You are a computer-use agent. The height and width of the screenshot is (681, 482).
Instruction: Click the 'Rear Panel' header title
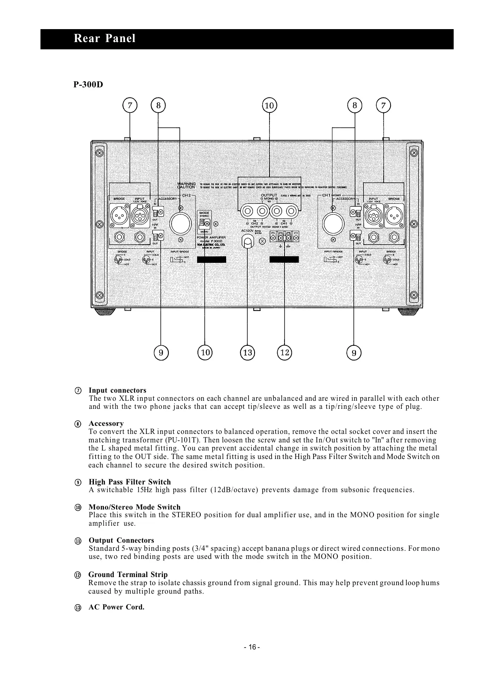point(104,39)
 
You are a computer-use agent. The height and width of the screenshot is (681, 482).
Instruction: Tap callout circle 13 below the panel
point(247,353)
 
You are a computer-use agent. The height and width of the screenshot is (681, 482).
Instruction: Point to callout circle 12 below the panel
point(285,353)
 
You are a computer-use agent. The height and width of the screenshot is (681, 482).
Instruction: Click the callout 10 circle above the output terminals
point(269,106)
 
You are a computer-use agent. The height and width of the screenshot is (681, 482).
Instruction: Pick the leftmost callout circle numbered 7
point(130,106)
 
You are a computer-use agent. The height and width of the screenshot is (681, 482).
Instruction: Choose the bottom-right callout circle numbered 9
point(354,353)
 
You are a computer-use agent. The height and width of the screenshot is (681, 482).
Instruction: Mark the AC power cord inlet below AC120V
point(247,241)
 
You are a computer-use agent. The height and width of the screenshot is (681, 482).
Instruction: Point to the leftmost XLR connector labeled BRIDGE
point(119,217)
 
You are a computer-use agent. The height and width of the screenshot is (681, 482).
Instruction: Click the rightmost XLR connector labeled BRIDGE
point(394,217)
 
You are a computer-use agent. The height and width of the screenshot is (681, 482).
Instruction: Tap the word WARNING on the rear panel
point(187,184)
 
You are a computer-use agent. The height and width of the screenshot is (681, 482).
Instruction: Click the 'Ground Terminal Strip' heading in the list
point(128,575)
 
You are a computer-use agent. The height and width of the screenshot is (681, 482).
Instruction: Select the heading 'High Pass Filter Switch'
point(130,482)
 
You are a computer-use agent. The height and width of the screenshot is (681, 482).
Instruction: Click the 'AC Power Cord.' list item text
point(117,607)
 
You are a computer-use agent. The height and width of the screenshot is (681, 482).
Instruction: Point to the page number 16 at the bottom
point(252,647)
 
